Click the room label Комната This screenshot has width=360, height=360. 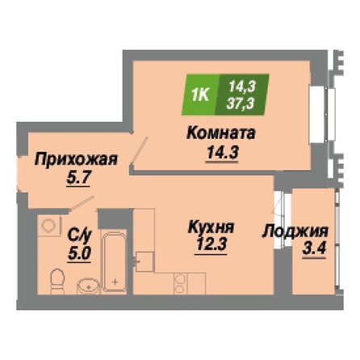coord(221,133)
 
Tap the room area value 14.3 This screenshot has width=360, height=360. coord(222,153)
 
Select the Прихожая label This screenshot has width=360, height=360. coord(77,160)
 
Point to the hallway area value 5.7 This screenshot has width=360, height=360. coord(78,178)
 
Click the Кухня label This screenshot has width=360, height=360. coord(211,228)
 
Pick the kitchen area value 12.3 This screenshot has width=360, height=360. coord(211,244)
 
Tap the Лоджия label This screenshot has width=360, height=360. coord(295,232)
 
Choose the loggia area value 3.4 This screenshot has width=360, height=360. coord(314,249)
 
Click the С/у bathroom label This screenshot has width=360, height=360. coord(80,237)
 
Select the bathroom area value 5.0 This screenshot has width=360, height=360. coord(80,253)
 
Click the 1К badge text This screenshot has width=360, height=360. coord(200,95)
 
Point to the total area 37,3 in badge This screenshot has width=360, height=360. coord(240,103)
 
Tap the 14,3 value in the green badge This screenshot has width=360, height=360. coord(241,87)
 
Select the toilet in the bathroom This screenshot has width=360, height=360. coord(57,282)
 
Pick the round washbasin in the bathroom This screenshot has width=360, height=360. coord(89,286)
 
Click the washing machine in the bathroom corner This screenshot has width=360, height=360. coord(49,225)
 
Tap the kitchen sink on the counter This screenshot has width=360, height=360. coord(144,262)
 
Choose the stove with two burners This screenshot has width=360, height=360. coord(181,283)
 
